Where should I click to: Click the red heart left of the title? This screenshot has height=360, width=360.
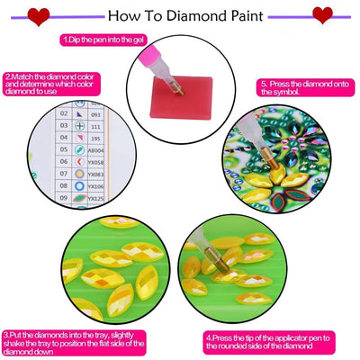[37, 15]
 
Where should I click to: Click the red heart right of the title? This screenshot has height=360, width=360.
[321, 15]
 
